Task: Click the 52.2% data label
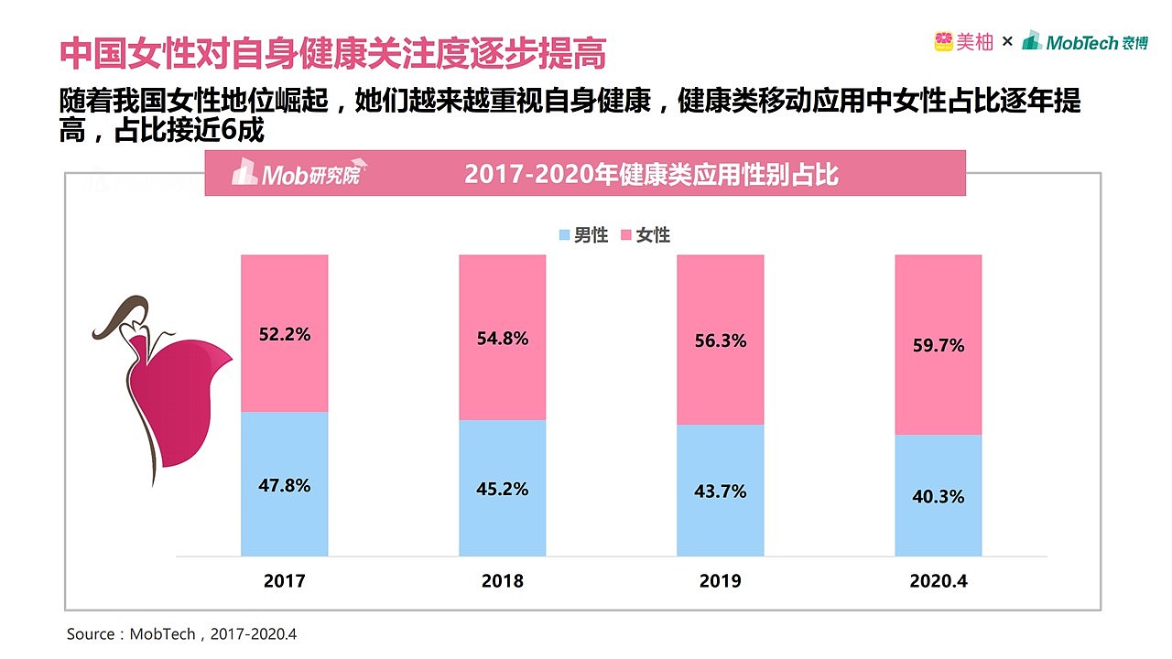click(x=284, y=335)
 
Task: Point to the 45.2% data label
click(x=502, y=490)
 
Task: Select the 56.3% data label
click(x=720, y=341)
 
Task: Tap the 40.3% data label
click(x=938, y=497)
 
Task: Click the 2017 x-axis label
click(x=284, y=581)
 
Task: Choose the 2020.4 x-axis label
click(x=938, y=581)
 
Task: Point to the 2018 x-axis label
click(x=502, y=581)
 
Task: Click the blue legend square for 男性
click(x=565, y=235)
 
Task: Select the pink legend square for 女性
click(x=626, y=235)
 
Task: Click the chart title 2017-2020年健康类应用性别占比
click(x=651, y=174)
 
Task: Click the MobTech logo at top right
click(x=1085, y=41)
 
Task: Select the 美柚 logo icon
click(x=944, y=41)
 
